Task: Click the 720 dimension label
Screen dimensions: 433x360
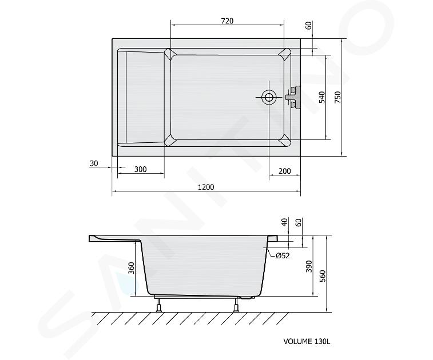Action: tap(227, 21)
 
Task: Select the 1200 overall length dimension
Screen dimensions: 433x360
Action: tap(206, 187)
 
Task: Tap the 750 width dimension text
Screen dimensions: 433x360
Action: tap(337, 97)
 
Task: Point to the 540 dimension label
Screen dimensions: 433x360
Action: tap(322, 97)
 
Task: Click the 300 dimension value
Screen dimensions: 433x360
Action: tap(141, 169)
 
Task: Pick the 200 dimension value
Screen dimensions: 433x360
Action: tap(285, 171)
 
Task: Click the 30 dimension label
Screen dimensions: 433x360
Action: tap(94, 163)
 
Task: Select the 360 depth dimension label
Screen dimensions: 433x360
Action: tap(131, 268)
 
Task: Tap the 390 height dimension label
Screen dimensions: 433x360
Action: tap(309, 266)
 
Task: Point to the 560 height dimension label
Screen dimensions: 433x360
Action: tap(322, 276)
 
